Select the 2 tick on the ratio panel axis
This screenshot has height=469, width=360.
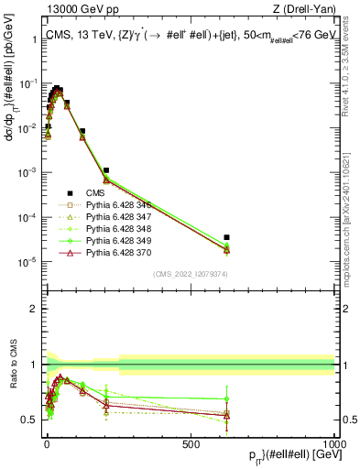tap(34, 309)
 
